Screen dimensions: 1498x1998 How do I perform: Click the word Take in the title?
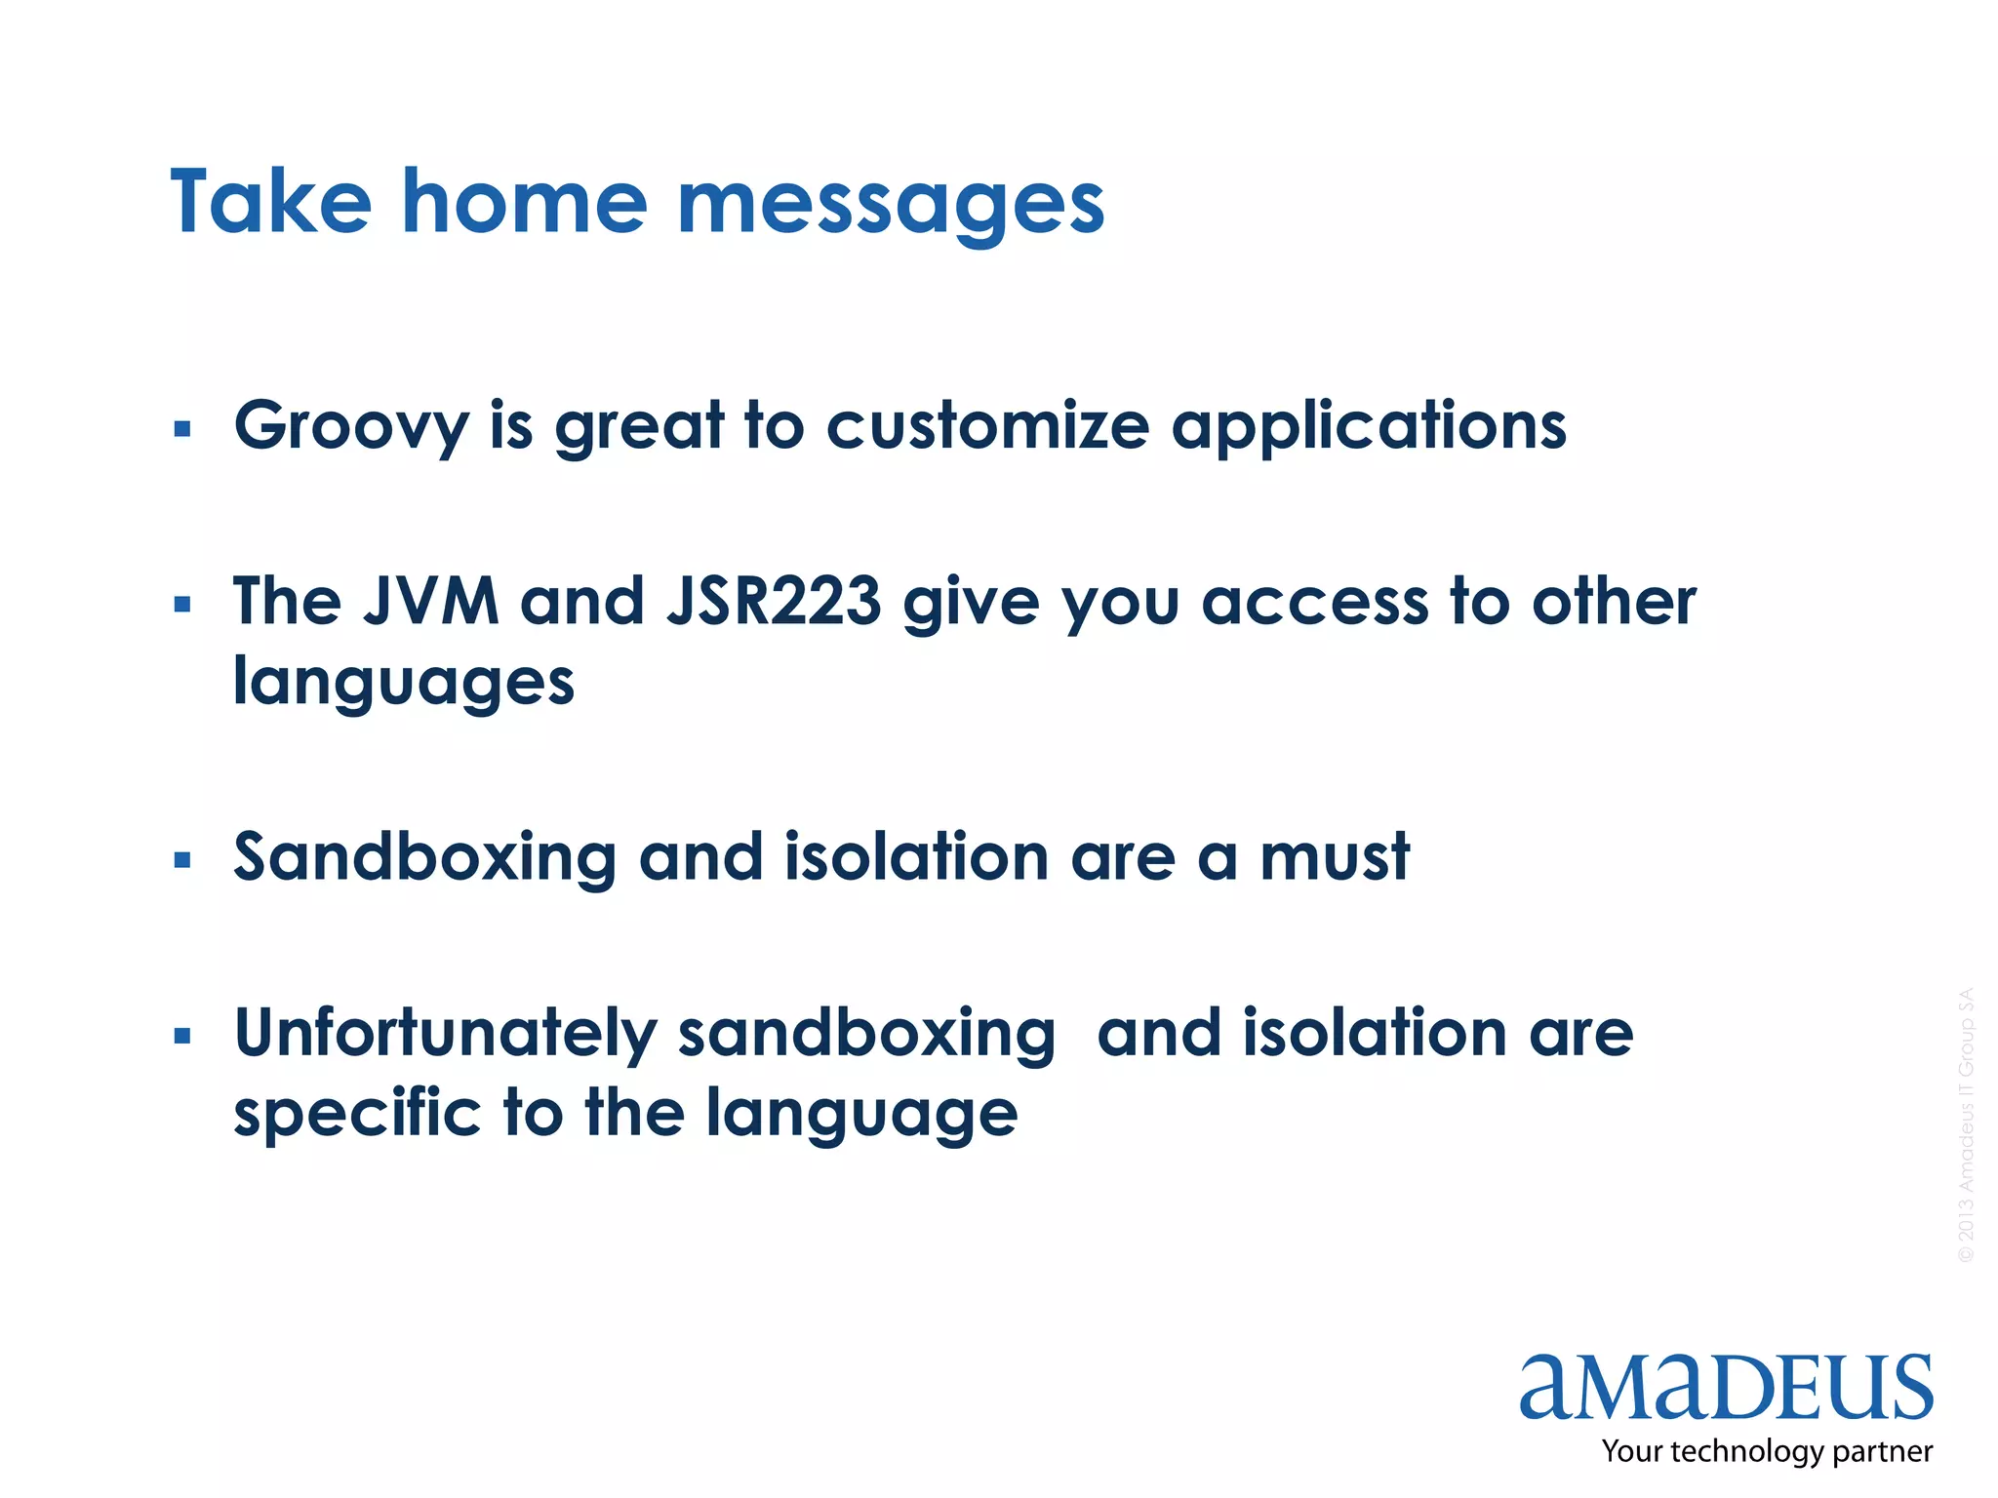[x=270, y=202]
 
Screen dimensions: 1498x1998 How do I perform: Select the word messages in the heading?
[x=891, y=205]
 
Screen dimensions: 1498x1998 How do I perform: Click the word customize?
[x=988, y=426]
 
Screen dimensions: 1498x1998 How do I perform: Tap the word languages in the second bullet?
[x=404, y=683]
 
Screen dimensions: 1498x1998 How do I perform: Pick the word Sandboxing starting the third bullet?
[x=425, y=858]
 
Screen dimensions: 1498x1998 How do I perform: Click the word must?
[x=1334, y=858]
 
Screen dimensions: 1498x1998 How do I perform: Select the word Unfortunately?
[x=447, y=1034]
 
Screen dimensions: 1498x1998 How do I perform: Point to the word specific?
[x=357, y=1114]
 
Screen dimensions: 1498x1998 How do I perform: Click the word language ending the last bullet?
[x=861, y=1116]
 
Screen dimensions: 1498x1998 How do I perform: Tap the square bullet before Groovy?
[x=182, y=429]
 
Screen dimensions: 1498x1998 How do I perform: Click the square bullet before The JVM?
[x=182, y=605]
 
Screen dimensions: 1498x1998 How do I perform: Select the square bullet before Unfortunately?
[x=182, y=1036]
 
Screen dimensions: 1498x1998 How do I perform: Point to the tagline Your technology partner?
[x=1766, y=1451]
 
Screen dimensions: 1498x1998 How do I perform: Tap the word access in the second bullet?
[x=1313, y=603]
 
